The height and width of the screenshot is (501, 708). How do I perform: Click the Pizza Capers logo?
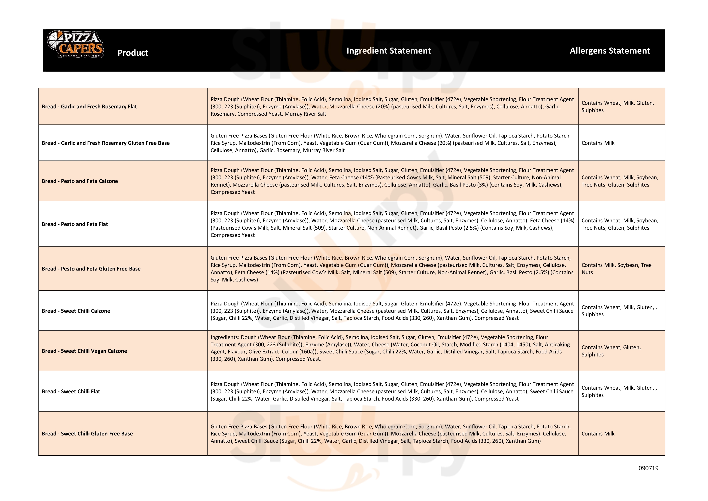[75, 44]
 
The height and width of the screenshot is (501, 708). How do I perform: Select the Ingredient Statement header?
[389, 51]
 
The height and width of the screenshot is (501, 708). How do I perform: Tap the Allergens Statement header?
[610, 51]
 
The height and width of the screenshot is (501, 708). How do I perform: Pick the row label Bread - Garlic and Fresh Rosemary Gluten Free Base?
[106, 143]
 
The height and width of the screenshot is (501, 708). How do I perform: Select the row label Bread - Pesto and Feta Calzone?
[80, 181]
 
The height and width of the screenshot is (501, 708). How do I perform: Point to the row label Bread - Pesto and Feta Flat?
[75, 224]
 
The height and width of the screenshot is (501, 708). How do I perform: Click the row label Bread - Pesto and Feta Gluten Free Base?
[91, 269]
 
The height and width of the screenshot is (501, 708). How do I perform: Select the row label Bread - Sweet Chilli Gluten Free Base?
[87, 434]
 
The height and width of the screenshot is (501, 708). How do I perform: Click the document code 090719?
[648, 468]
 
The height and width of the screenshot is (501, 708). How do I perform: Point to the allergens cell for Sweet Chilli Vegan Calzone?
[611, 351]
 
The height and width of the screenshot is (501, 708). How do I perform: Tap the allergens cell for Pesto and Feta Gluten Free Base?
[616, 269]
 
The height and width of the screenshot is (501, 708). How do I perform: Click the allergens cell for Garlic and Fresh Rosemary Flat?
[617, 107]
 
